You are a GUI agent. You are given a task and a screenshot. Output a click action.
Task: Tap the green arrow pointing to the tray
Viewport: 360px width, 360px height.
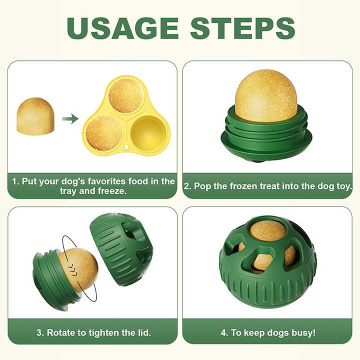pyautogui.click(x=70, y=118)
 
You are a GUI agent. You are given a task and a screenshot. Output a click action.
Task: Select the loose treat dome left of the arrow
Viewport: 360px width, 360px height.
pyautogui.click(x=35, y=116)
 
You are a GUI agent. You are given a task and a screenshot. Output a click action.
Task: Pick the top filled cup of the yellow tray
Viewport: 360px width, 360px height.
pyautogui.click(x=126, y=95)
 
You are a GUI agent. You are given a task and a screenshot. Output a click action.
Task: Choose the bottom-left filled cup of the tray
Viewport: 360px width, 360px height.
pyautogui.click(x=104, y=132)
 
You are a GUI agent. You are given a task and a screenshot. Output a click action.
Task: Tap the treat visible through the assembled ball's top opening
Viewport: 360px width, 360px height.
pyautogui.click(x=267, y=230)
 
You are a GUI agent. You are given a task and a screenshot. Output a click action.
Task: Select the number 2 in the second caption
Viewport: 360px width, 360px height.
pyautogui.click(x=186, y=186)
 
